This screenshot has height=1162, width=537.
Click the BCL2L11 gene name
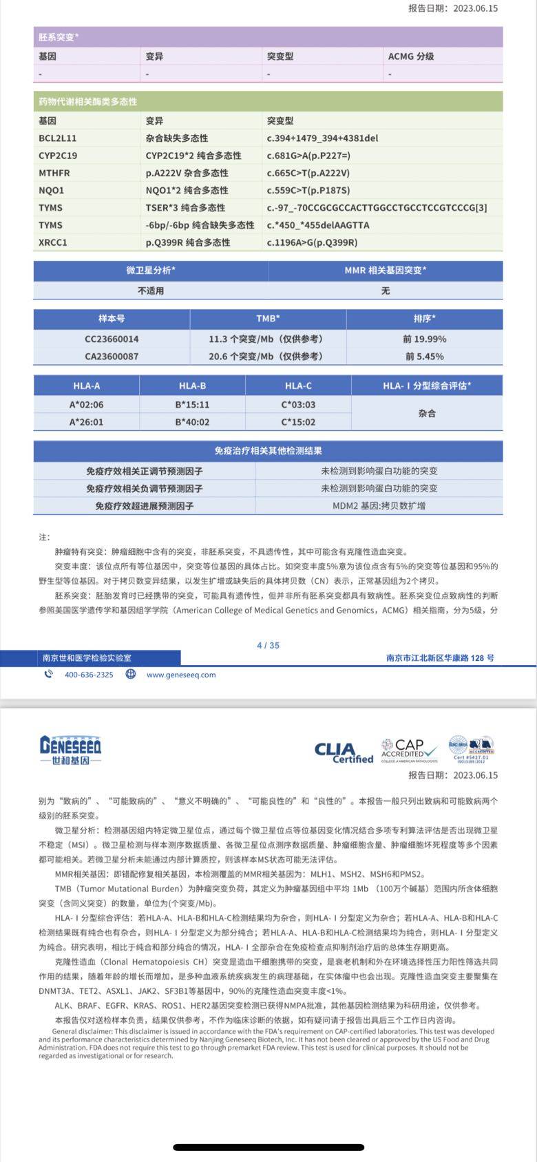point(58,138)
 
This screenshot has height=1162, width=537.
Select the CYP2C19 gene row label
point(58,156)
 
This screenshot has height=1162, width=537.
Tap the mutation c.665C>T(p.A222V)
point(308,173)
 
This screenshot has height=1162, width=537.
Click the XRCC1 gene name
point(53,242)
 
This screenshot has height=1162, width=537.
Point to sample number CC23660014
point(112,339)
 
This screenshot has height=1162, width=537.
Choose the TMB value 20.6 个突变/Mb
point(266,357)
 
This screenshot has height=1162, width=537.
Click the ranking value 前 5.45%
point(423,357)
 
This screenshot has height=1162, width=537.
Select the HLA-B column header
point(192,386)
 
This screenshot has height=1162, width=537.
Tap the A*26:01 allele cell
point(86,422)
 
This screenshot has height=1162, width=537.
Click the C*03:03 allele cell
point(298,405)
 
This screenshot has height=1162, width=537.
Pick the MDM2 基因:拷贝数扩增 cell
point(379,505)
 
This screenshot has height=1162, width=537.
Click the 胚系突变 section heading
point(59,36)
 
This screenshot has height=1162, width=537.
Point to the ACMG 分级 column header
point(411,56)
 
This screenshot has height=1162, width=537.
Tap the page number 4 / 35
point(268,645)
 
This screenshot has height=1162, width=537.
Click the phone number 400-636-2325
point(89,675)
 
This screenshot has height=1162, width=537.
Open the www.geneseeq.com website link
point(181,675)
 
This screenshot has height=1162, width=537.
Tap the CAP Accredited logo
point(409,750)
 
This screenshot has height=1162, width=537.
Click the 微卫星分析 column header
point(151,271)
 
